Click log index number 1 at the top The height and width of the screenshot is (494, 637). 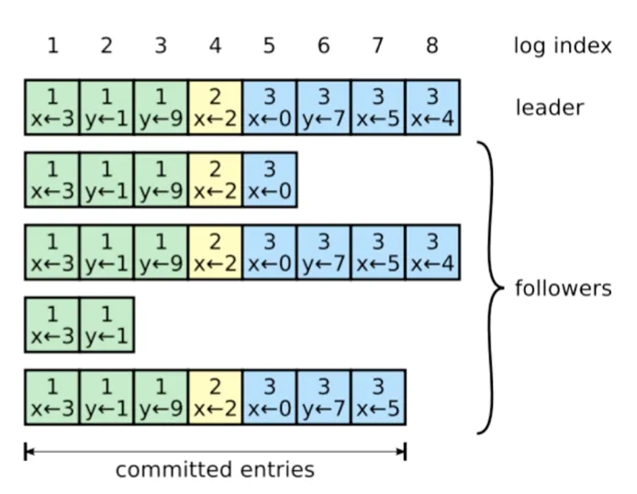(x=53, y=45)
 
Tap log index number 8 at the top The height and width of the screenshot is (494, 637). (x=432, y=45)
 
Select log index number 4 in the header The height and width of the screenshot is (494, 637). (x=216, y=45)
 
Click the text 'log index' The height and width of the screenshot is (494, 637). (x=563, y=45)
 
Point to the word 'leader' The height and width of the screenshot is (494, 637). (x=549, y=107)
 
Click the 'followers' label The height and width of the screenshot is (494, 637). (x=563, y=288)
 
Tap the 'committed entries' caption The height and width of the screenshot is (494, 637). (x=215, y=469)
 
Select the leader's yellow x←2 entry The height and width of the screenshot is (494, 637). (x=216, y=107)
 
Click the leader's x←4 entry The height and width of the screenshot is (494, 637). (x=432, y=107)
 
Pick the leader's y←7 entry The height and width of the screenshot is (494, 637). (x=324, y=107)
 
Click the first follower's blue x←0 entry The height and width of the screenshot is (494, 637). (x=270, y=180)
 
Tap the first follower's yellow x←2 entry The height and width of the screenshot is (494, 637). (x=216, y=180)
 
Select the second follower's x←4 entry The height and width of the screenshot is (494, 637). (x=432, y=252)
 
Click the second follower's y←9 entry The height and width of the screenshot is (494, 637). (x=161, y=252)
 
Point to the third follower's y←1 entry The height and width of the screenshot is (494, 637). (x=106, y=325)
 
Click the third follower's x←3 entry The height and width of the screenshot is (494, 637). (x=52, y=325)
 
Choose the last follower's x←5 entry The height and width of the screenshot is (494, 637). (x=378, y=398)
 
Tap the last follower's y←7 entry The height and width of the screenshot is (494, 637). (x=324, y=398)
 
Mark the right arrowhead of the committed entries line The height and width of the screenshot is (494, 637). (x=402, y=452)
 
